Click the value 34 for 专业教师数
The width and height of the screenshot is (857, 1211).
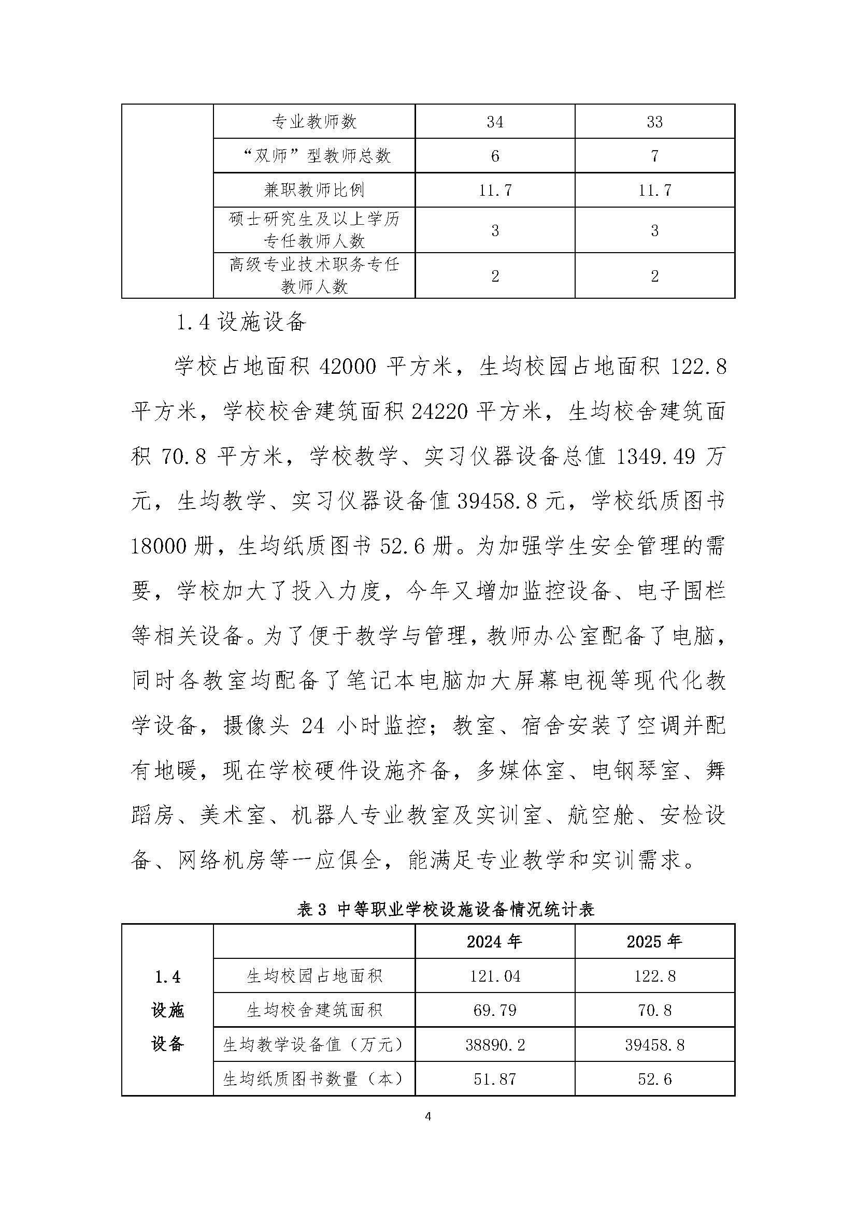point(494,122)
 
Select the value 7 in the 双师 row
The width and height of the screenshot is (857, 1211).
point(654,156)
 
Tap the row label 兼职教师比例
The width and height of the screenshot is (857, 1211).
point(314,190)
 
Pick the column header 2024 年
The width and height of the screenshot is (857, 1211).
point(494,941)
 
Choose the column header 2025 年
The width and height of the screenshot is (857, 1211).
point(654,941)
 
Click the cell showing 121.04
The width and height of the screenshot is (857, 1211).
point(494,976)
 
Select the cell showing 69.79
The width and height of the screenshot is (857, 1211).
point(494,1011)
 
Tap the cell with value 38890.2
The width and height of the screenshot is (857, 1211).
point(494,1045)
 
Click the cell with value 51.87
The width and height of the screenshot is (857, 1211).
point(494,1079)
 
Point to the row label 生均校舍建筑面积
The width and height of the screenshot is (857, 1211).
point(314,1011)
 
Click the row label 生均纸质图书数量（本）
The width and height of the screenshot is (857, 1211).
point(314,1079)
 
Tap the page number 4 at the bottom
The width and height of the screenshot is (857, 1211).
point(428,1116)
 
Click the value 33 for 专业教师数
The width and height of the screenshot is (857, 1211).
point(654,122)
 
